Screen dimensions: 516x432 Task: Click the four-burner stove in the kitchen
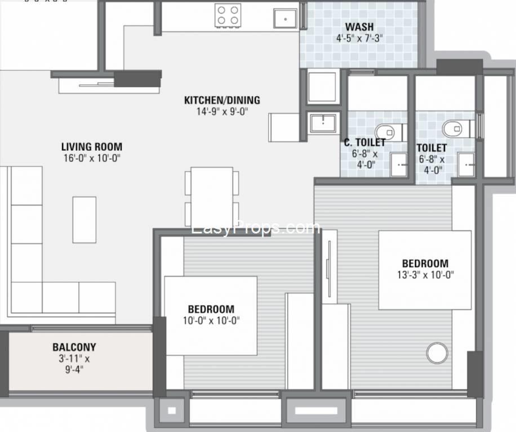coord(228,15)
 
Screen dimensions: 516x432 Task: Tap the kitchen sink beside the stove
coord(285,19)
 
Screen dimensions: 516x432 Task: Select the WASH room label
coord(359,26)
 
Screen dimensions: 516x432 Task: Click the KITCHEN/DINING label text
coord(222,100)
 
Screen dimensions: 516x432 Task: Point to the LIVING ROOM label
coord(92,146)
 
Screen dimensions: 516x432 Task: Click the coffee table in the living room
coord(84,220)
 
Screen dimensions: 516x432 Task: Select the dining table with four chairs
coord(212,197)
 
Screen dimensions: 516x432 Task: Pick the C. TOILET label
coord(364,142)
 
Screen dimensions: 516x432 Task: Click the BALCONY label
coord(74,347)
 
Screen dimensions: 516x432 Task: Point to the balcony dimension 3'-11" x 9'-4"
coord(74,364)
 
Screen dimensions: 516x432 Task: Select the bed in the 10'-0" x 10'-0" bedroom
coord(211,316)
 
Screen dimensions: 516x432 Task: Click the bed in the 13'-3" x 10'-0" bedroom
coord(425,270)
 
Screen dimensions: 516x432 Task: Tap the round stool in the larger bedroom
coord(437,353)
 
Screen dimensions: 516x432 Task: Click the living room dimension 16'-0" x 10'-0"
coord(92,159)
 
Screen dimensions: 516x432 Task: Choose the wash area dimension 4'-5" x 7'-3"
coord(359,38)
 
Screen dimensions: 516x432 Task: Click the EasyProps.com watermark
coord(255,227)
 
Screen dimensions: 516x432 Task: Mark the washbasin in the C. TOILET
coord(399,165)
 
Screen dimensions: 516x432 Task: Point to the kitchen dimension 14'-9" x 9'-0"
coord(222,112)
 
